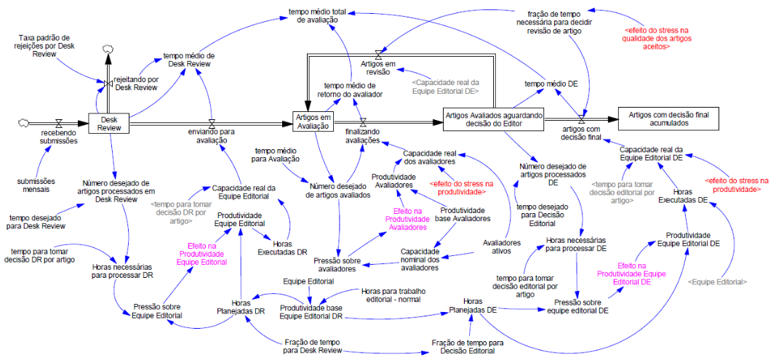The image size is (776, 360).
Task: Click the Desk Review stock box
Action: pyautogui.click(x=109, y=123)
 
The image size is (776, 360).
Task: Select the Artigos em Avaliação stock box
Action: pyautogui.click(x=313, y=122)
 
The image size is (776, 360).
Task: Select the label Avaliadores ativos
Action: pyautogui.click(x=502, y=247)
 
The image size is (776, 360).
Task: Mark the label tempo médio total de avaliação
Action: pyautogui.click(x=317, y=17)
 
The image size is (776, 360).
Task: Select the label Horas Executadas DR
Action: pyautogui.click(x=283, y=249)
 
